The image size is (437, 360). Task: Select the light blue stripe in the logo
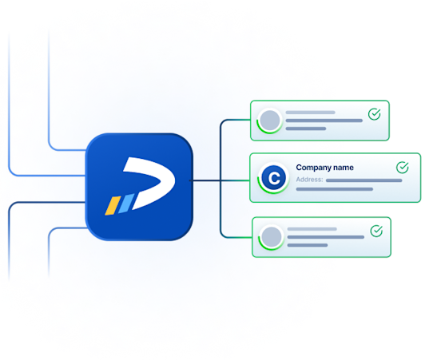coord(124,204)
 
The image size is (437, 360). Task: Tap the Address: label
coord(309,180)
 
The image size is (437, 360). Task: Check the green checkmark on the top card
coord(375,115)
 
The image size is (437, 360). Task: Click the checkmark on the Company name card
coord(402,168)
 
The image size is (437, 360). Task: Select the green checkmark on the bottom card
coord(375,231)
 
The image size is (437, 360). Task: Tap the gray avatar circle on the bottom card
coord(272,237)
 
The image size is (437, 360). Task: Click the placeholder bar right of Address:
coord(364,180)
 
